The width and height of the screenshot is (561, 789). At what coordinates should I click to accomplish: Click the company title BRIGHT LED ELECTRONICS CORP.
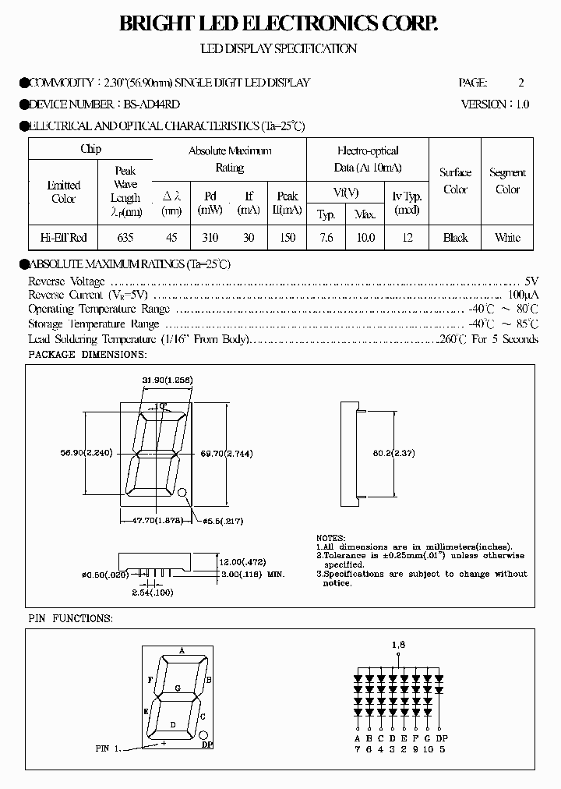pyautogui.click(x=279, y=24)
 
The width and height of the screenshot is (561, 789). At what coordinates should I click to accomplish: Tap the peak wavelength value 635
pyautogui.click(x=125, y=238)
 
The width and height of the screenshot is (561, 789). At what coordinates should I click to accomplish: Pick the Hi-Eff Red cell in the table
pyautogui.click(x=63, y=238)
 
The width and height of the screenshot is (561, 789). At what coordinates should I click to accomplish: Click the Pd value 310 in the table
pyautogui.click(x=210, y=238)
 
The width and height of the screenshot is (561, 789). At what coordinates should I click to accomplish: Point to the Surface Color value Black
pyautogui.click(x=455, y=238)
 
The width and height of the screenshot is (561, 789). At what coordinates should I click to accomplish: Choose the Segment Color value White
pyautogui.click(x=507, y=238)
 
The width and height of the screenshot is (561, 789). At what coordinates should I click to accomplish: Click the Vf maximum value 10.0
pyautogui.click(x=365, y=238)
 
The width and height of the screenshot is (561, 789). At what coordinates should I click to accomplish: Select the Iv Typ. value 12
pyautogui.click(x=408, y=238)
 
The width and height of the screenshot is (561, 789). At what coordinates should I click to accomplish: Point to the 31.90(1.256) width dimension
pyautogui.click(x=168, y=379)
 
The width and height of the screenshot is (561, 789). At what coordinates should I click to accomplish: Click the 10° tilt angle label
pyautogui.click(x=161, y=406)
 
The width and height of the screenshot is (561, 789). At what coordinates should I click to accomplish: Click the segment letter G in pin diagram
pyautogui.click(x=178, y=688)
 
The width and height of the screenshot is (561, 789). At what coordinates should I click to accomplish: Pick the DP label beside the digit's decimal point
pyautogui.click(x=208, y=746)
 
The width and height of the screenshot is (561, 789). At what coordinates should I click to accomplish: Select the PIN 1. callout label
pyautogui.click(x=109, y=748)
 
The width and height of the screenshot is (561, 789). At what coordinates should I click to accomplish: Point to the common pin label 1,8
pyautogui.click(x=399, y=645)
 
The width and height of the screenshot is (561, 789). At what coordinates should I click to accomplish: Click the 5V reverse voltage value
pyautogui.click(x=531, y=281)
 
